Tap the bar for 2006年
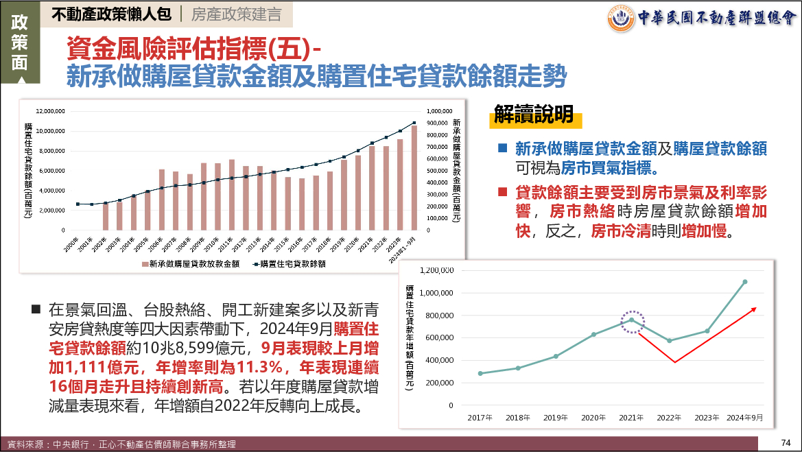[162, 200]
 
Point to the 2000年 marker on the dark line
[78, 204]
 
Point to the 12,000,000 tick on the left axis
[50, 110]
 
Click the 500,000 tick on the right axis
[439, 171]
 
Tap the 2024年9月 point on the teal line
[745, 282]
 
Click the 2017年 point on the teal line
[480, 373]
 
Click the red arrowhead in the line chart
[754, 310]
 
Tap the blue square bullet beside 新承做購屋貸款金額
[503, 147]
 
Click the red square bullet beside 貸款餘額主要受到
[503, 191]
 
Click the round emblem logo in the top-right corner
[622, 19]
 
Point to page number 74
[786, 441]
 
